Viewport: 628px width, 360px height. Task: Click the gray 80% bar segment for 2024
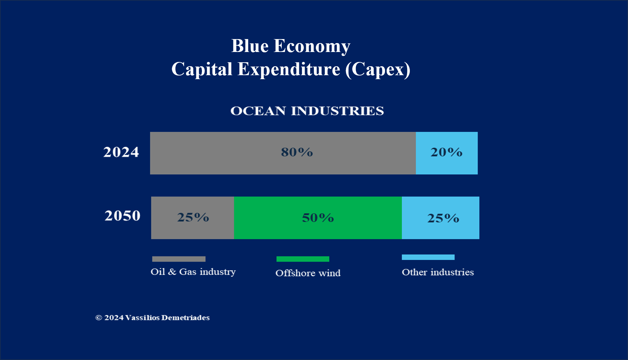click(283, 153)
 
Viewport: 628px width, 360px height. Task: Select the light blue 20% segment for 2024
click(446, 153)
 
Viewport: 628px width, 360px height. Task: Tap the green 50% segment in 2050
click(318, 218)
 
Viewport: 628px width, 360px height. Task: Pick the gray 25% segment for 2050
click(192, 218)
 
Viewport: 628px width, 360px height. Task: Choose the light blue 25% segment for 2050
click(440, 218)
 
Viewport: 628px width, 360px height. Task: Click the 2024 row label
click(121, 152)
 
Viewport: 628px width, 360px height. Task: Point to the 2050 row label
click(122, 216)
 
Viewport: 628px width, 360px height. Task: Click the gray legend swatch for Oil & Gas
click(179, 259)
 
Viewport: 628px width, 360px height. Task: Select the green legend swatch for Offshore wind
click(303, 259)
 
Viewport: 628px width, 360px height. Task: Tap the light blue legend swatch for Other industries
click(428, 257)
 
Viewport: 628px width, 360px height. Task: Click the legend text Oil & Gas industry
click(193, 272)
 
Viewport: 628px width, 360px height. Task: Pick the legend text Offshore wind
click(308, 273)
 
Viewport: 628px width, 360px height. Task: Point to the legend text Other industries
click(438, 272)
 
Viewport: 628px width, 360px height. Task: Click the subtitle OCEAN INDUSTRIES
click(307, 111)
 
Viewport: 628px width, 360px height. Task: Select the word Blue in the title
click(250, 46)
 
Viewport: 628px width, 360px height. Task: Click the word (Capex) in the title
click(377, 70)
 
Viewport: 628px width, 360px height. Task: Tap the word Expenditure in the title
click(289, 70)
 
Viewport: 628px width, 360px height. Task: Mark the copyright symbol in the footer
click(99, 318)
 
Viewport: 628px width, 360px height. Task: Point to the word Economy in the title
click(312, 46)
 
